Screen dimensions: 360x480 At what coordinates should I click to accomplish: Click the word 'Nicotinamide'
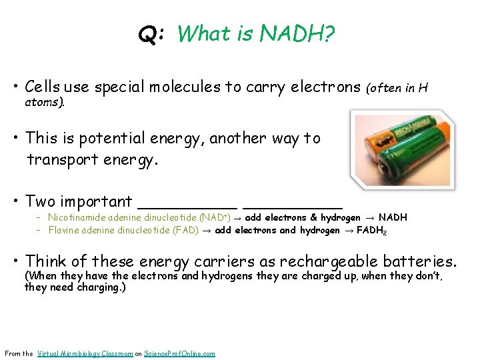click(74, 217)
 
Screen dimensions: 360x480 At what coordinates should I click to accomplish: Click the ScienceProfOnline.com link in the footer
click(179, 353)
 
